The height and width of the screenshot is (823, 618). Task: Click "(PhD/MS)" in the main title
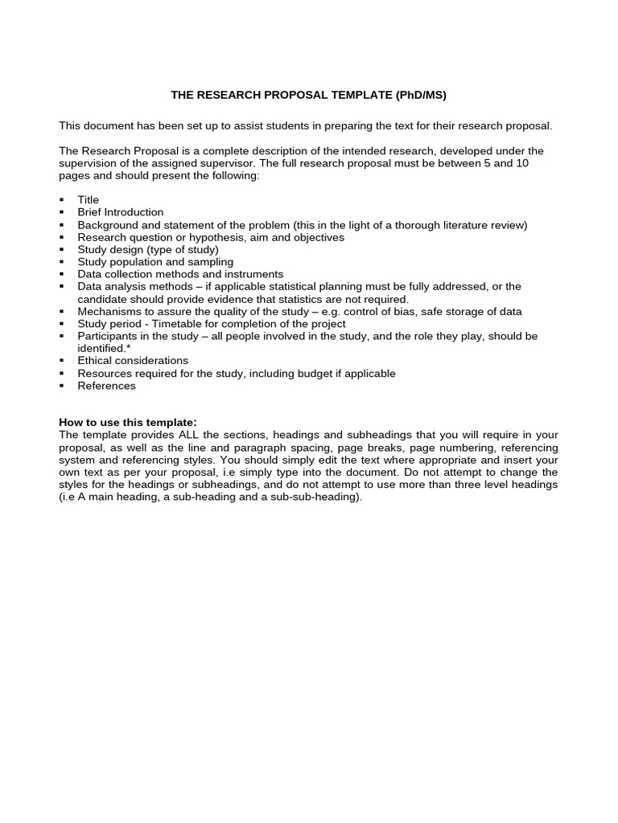420,95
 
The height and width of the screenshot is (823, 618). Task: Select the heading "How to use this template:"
128,423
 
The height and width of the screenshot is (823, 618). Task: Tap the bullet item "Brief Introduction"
120,212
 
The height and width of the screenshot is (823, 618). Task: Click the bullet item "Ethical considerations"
133,361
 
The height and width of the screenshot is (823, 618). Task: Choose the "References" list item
106,386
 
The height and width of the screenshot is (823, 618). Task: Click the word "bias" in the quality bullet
426,311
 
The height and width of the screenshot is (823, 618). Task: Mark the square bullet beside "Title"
63,200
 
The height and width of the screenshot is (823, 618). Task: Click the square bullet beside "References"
63,387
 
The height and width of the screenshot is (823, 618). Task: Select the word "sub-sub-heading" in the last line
317,497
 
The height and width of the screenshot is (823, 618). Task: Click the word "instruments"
255,274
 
